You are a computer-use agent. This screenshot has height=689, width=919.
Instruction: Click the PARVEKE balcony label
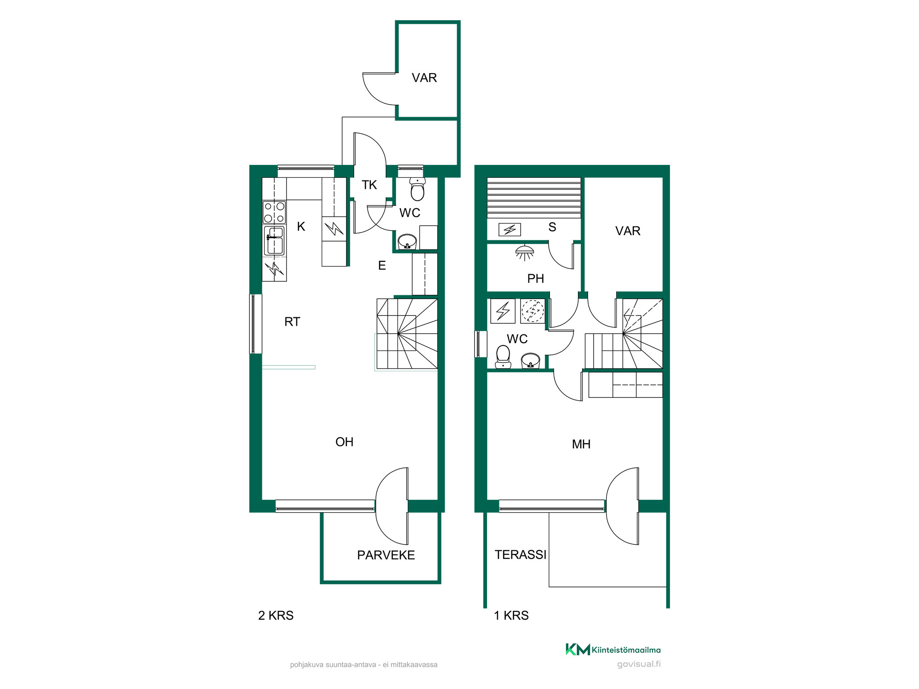pos(386,555)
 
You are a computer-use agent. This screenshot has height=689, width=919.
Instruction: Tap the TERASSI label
pos(521,554)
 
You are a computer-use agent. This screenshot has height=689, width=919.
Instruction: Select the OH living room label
pos(345,442)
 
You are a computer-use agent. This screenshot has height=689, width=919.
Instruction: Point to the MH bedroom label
pos(581,444)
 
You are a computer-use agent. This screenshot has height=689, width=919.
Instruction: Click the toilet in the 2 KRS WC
pos(417,189)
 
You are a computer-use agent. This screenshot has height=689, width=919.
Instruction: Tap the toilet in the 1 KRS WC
pos(503,357)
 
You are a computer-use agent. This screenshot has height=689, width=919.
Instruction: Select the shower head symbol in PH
pos(525,253)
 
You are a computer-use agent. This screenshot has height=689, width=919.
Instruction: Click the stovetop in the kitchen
pos(274,212)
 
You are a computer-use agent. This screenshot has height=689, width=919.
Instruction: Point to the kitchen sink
pos(274,240)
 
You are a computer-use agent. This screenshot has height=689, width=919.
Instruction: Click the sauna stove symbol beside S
pos(510,229)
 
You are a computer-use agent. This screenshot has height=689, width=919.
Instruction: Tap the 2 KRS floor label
pos(276,616)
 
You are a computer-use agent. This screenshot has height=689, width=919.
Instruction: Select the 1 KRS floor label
pos(511,616)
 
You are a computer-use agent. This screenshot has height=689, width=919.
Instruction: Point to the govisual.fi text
pos(639,664)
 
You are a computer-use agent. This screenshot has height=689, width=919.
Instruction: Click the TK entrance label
pos(369,185)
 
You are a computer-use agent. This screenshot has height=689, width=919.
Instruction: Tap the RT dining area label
pos(292,322)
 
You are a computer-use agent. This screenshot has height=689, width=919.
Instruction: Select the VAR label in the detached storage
pos(424,78)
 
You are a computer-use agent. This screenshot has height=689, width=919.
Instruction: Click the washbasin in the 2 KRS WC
pos(407,242)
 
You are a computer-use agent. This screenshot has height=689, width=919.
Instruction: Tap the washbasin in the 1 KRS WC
pos(530,361)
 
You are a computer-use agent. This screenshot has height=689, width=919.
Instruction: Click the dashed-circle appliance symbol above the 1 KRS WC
pos(533,311)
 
